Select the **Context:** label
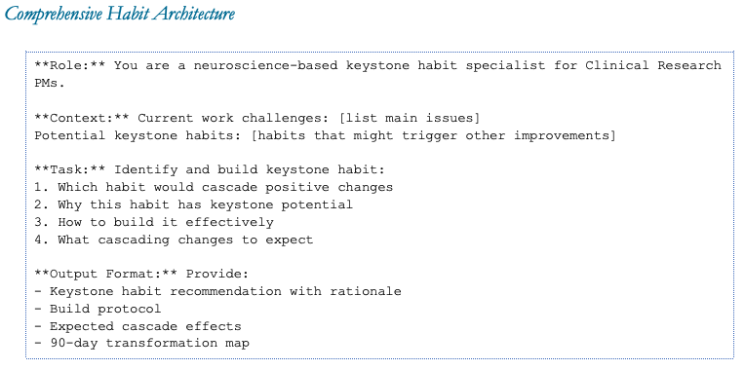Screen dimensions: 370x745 (82, 118)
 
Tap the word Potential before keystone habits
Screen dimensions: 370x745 (69, 135)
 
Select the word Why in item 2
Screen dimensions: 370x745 (69, 204)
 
